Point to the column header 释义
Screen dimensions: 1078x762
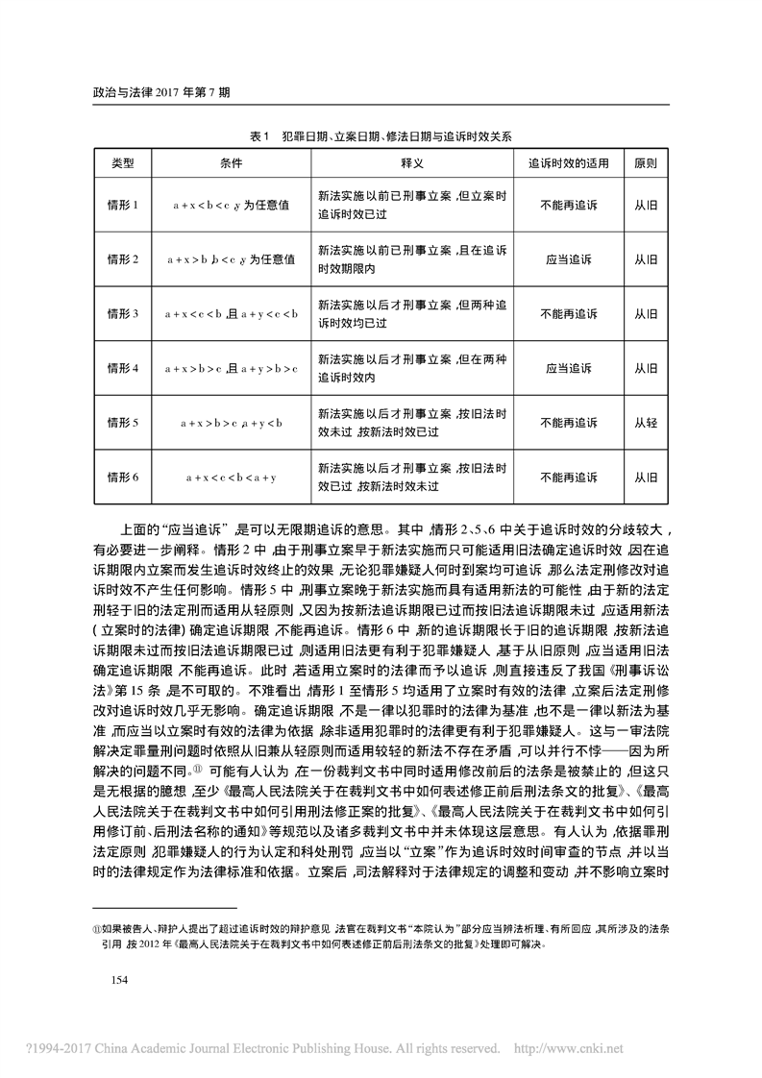(412, 163)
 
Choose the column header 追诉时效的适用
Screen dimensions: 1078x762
(569, 163)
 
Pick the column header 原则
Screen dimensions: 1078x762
(646, 163)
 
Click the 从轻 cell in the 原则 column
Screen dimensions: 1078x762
(646, 423)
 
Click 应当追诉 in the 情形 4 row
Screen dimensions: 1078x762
(569, 368)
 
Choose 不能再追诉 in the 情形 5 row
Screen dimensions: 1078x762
(569, 423)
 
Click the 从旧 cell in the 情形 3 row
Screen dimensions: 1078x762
(646, 314)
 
